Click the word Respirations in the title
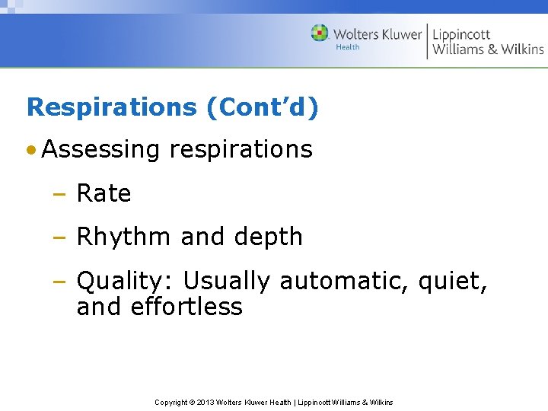point(112,107)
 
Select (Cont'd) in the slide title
point(263,107)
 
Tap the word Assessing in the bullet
point(101,149)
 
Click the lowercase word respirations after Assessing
point(241,149)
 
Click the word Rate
point(104,194)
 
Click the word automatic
point(346,282)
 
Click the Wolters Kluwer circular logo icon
point(320,33)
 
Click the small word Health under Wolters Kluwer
point(348,47)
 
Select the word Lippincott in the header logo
point(461,34)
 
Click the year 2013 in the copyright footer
point(206,402)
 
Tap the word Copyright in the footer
point(171,402)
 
